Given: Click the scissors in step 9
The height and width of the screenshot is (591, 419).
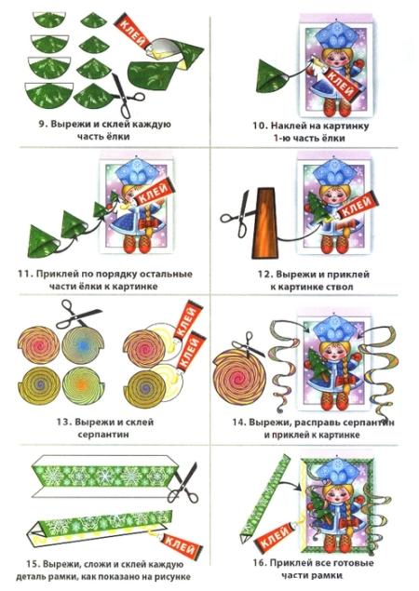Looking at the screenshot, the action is click(x=127, y=95).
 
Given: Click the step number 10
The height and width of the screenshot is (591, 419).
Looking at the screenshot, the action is click(x=260, y=126).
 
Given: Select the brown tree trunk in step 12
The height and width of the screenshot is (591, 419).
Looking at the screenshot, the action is click(x=264, y=222).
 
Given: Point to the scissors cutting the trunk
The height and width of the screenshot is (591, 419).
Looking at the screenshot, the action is click(x=238, y=214).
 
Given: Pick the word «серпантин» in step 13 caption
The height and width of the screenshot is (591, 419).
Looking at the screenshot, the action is click(x=103, y=435).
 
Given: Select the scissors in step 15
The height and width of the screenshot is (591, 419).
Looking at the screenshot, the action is click(x=183, y=483).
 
